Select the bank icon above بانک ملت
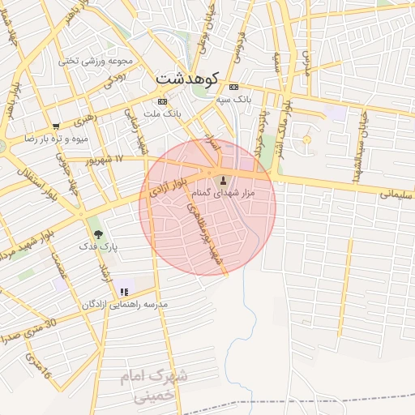coord(162,101)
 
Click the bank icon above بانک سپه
coord(233,88)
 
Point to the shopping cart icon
coord(55,126)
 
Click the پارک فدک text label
coord(98,245)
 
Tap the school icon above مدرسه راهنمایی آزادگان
coord(124,291)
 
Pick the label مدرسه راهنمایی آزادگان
coord(124,305)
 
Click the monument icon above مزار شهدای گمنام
coord(223,181)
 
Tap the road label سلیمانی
coord(396,195)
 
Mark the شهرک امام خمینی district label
coord(154,386)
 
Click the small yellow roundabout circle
coord(306,141)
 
